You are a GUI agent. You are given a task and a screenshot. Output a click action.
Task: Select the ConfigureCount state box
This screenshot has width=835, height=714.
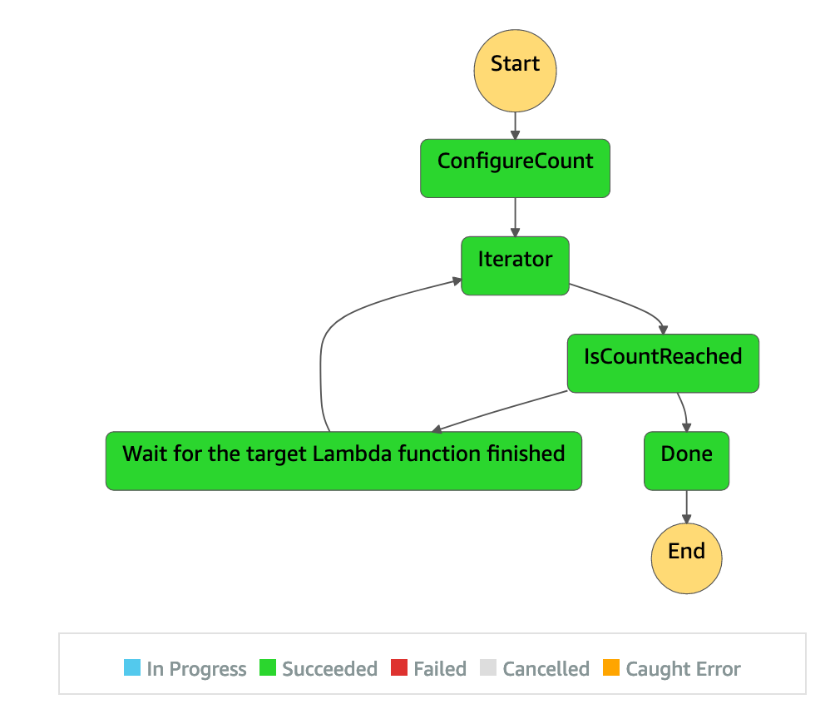(515, 169)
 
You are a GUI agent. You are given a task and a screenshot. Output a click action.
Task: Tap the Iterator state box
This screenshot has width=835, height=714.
(515, 265)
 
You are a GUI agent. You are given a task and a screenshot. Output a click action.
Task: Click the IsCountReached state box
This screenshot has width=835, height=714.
(663, 363)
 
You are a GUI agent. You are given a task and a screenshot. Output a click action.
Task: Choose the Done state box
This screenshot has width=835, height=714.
(686, 460)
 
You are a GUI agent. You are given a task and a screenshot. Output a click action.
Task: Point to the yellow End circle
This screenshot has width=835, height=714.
(686, 558)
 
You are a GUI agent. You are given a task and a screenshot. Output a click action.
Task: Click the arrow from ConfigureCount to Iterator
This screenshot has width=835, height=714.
(515, 217)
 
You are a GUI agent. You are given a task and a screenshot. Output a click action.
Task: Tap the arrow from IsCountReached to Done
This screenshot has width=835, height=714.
(684, 411)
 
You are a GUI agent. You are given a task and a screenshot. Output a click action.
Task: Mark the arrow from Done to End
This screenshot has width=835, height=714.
(686, 506)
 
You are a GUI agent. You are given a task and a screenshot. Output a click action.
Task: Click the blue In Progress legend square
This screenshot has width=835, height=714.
(132, 668)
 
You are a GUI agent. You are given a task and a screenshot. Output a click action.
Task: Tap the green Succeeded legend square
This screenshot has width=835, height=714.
(268, 668)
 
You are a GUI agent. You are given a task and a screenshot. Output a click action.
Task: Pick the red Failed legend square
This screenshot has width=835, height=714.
(399, 668)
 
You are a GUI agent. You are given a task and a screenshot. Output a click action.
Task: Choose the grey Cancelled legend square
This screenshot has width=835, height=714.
(488, 668)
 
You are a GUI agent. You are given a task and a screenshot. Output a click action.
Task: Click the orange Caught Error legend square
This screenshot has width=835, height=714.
(611, 668)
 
